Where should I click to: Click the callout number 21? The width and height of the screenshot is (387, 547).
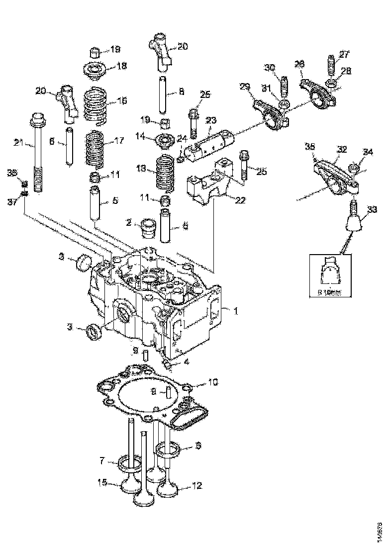[18, 143]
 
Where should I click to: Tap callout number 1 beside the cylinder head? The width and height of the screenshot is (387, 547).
[236, 311]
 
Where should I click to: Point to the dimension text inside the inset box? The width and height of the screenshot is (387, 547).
[330, 293]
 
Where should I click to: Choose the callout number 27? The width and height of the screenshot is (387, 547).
[344, 55]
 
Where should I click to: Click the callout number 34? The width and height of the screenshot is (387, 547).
[367, 152]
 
